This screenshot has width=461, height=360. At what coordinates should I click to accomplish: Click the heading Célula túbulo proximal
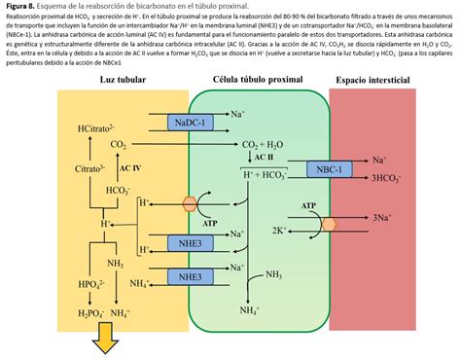click(258, 79)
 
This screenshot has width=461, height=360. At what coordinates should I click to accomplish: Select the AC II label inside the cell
click(264, 157)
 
